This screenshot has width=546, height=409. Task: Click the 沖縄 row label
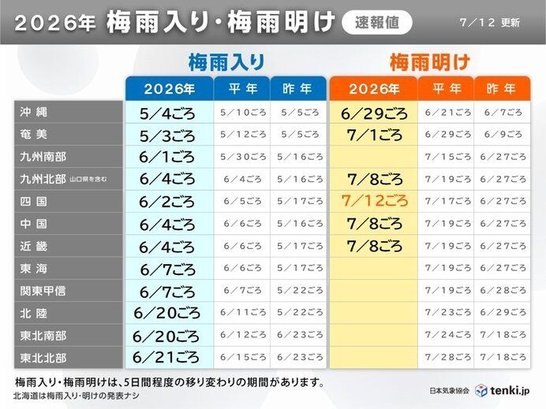tap(33, 112)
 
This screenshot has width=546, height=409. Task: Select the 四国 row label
tap(33, 202)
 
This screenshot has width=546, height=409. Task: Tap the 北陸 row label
tap(33, 314)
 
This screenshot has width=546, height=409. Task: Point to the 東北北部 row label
tap(43, 358)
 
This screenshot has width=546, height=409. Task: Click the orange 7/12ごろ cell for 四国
tap(374, 201)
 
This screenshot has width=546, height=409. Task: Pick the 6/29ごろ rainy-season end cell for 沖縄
tap(374, 113)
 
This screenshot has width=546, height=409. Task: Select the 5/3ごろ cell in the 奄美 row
tap(167, 136)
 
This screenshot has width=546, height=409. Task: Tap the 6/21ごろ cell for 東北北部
tap(166, 357)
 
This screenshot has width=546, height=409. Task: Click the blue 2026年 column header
tap(170, 89)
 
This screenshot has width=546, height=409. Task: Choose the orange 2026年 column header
tap(374, 89)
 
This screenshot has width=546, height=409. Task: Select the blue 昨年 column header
tap(297, 89)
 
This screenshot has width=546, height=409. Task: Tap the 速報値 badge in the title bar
tap(377, 23)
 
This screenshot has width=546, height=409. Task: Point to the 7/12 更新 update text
tap(490, 23)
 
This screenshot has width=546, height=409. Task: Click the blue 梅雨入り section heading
tap(226, 62)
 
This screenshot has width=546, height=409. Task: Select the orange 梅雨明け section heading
tap(430, 62)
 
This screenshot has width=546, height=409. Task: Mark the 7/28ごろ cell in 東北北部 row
tap(447, 357)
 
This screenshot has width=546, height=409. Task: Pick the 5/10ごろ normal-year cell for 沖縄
tap(243, 113)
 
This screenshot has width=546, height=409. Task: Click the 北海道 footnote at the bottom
tap(76, 396)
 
